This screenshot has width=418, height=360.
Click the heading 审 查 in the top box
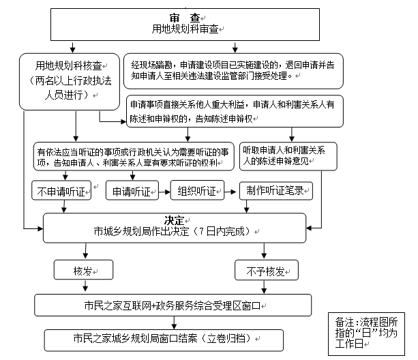(x=184, y=17)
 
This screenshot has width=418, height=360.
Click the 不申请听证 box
(x=61, y=191)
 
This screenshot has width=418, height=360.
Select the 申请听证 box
(x=132, y=191)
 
